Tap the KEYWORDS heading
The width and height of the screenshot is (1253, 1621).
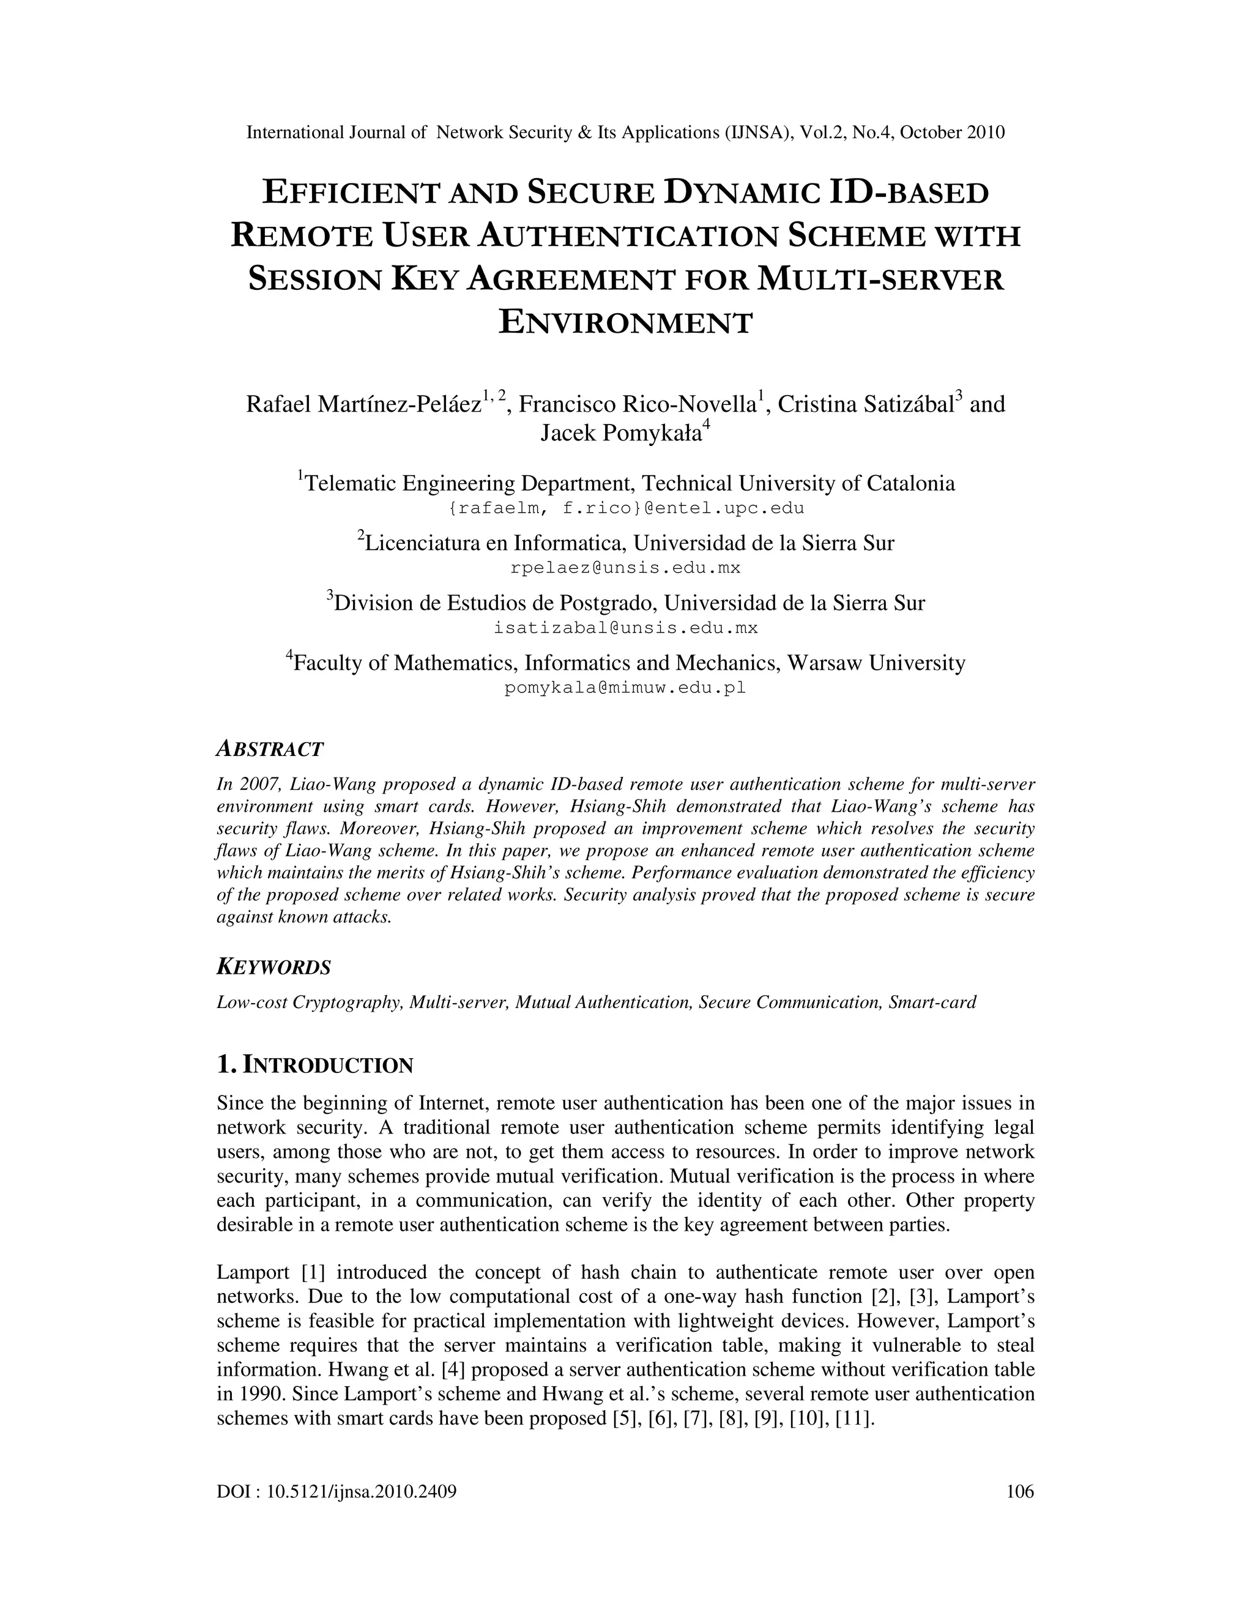point(273,967)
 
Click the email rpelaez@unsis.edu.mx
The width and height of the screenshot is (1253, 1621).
point(626,568)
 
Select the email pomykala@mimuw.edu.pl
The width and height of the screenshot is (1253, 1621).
point(625,688)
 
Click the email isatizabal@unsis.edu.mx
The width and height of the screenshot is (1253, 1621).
point(626,628)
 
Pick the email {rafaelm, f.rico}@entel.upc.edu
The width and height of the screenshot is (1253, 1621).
point(626,508)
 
